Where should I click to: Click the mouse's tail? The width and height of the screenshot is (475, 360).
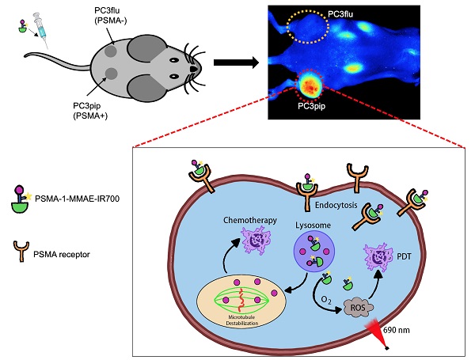pos(47,57)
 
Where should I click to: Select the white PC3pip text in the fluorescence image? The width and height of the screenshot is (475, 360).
pos(311,106)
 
